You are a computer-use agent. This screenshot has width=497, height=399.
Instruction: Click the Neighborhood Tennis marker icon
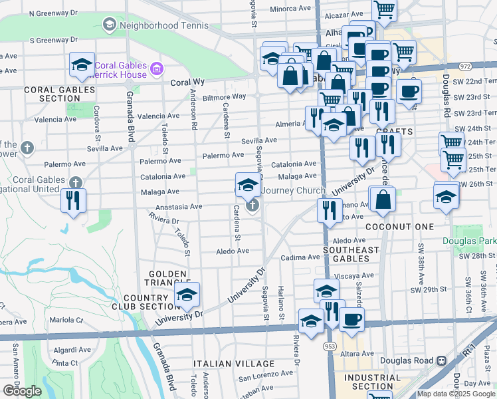coord(109,26)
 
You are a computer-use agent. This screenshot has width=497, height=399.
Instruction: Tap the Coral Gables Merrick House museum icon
coord(157,68)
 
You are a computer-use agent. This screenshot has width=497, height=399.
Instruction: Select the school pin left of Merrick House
coord(82,65)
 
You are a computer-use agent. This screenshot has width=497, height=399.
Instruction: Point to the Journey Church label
coord(292,190)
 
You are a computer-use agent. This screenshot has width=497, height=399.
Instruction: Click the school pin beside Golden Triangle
coord(187,295)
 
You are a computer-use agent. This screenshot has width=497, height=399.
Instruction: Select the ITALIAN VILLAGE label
coord(233,364)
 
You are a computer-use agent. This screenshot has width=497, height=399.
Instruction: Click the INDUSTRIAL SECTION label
coord(373,382)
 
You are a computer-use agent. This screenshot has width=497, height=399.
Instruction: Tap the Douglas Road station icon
coord(440,360)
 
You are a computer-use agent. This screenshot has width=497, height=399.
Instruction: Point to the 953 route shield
coord(330,346)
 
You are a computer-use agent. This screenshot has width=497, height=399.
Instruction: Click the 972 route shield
coord(464,66)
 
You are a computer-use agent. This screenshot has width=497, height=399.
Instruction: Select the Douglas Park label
coord(469,241)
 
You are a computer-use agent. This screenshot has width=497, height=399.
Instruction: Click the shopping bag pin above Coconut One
coord(383,199)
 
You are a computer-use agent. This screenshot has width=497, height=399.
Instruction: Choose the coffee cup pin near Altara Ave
coord(351,319)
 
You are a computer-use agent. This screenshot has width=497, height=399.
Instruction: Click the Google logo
coord(21,391)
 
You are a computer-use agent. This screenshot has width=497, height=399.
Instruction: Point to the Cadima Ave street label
coord(300,257)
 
